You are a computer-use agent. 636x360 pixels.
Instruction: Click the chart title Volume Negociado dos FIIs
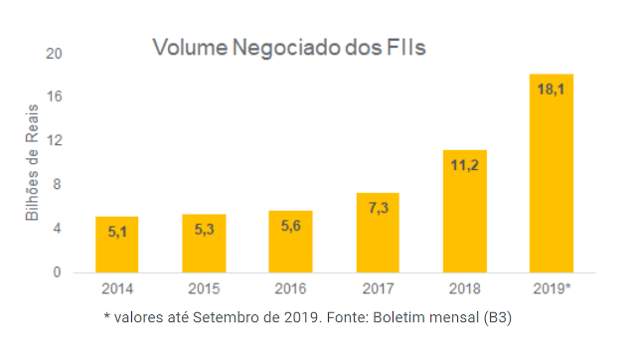[288, 48]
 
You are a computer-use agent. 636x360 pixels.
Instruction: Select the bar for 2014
[116, 245]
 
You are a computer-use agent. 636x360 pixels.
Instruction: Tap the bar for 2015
[204, 244]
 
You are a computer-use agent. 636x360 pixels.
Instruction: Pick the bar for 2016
[290, 242]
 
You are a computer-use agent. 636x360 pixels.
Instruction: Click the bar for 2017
[378, 233]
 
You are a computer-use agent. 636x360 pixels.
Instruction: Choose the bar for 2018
[464, 211]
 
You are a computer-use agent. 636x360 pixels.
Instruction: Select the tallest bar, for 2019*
[552, 173]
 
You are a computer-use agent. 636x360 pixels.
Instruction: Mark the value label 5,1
[116, 232]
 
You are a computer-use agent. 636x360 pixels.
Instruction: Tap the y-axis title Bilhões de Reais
[32, 165]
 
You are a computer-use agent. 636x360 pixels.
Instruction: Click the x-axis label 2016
[290, 289]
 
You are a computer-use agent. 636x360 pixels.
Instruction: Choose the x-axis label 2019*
[554, 289]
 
